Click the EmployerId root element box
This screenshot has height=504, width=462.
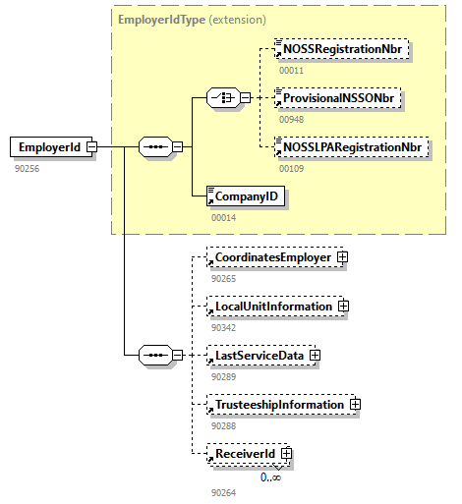point(46,147)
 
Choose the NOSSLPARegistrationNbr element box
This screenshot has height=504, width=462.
point(351,147)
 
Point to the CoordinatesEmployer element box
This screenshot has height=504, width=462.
point(267,257)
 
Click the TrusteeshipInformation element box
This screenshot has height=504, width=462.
point(274,404)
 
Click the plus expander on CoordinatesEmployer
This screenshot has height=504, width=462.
point(343,257)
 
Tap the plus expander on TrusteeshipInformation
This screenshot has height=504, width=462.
point(355,404)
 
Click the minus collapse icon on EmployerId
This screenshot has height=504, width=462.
point(91,147)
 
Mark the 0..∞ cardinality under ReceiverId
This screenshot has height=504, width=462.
point(270,476)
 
